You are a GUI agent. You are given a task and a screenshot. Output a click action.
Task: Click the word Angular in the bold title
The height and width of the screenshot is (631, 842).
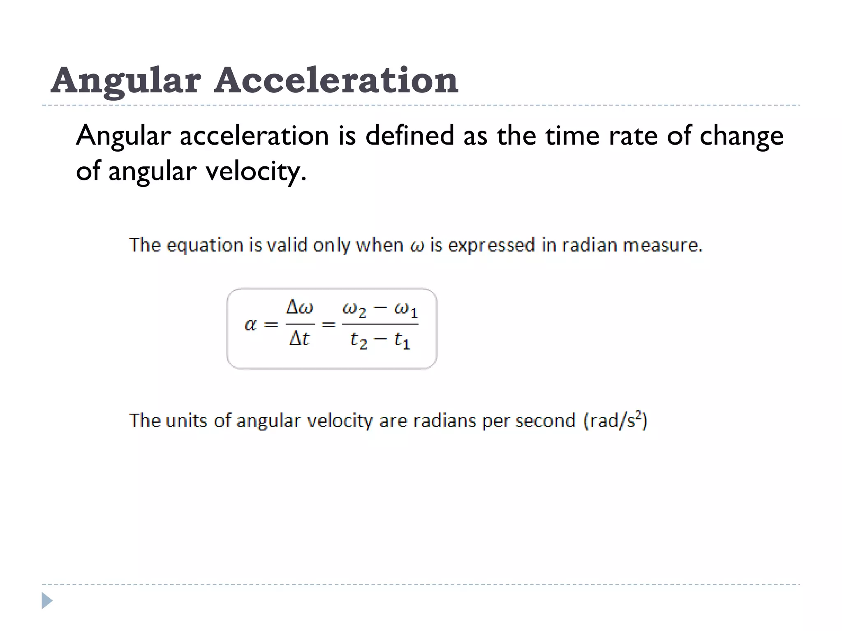click(x=126, y=81)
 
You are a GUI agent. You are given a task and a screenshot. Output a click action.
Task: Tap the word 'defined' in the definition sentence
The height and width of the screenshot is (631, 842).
click(x=409, y=135)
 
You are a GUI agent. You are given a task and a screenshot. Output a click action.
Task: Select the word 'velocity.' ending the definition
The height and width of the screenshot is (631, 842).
click(x=256, y=171)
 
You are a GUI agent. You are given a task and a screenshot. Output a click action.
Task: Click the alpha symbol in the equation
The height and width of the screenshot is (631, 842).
click(x=250, y=325)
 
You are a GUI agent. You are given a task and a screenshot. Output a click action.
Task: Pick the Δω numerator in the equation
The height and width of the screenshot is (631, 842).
click(x=299, y=307)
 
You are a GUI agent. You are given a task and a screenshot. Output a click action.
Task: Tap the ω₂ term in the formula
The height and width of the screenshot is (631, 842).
click(x=354, y=309)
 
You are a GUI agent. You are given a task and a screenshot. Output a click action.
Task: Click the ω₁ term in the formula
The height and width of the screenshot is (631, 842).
click(x=406, y=309)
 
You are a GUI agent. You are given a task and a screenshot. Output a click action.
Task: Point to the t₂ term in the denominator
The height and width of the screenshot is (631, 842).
click(x=359, y=340)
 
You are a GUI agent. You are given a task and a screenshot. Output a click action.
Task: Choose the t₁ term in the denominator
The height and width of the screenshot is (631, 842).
click(x=402, y=340)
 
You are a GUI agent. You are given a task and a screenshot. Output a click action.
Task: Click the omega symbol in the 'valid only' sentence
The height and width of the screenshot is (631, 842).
click(x=417, y=246)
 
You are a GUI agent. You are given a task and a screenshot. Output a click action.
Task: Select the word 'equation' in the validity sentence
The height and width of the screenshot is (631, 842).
click(x=205, y=246)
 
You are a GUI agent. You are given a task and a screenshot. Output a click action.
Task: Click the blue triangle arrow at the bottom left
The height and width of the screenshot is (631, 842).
click(x=47, y=601)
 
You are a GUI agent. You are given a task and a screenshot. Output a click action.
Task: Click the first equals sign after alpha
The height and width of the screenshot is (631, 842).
click(x=271, y=325)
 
